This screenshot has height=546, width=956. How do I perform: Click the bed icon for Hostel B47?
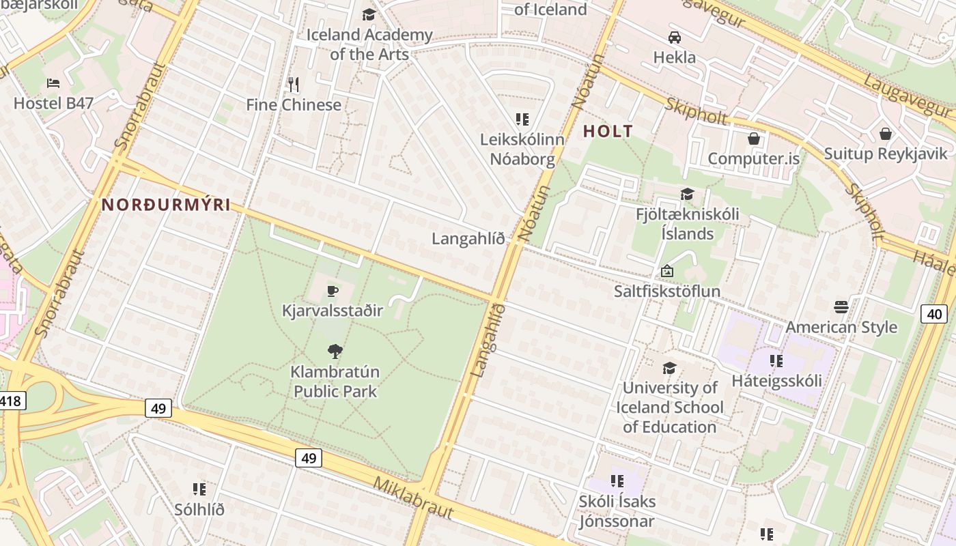click(x=53, y=83)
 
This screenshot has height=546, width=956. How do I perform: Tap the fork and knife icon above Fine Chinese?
click(x=294, y=85)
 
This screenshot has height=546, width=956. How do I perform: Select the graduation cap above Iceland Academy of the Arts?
click(x=369, y=14)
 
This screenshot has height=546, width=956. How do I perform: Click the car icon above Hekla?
click(x=675, y=37)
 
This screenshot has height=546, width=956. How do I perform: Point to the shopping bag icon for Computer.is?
click(x=754, y=139)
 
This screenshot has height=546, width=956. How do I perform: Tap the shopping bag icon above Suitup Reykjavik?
click(x=886, y=133)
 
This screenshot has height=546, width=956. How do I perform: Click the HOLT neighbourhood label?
click(x=608, y=132)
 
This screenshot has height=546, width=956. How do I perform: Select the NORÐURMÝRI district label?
click(x=166, y=205)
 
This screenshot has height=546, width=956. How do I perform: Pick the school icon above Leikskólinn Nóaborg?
click(x=522, y=119)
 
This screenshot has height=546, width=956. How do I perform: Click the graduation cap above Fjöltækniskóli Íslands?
click(x=687, y=195)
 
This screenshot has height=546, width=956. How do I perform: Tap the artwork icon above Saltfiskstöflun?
click(x=667, y=272)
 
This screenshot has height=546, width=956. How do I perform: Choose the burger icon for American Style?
click(x=841, y=307)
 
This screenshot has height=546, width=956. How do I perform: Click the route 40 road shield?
click(x=933, y=314)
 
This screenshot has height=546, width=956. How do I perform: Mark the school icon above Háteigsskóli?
click(x=776, y=360)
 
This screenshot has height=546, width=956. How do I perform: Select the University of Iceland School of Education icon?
click(x=669, y=368)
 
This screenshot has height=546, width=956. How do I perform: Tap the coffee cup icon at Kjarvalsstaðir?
click(x=333, y=291)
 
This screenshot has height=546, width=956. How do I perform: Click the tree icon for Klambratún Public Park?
click(x=335, y=351)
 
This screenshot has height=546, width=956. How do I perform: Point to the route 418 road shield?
click(x=12, y=401)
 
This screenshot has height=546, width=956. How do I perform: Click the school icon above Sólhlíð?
click(x=199, y=489)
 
